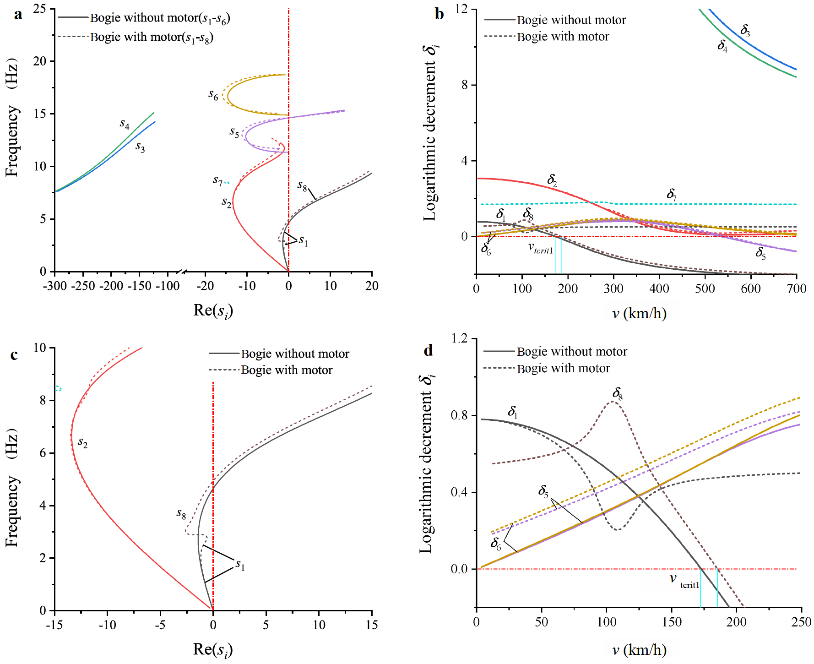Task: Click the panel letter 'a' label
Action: click(18, 15)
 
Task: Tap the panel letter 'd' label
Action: click(428, 350)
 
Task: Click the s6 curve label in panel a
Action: click(213, 95)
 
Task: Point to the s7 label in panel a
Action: click(217, 181)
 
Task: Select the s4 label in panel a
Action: click(125, 124)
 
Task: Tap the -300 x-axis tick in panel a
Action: click(55, 286)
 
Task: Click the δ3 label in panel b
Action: click(745, 31)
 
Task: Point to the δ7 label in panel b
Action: click(672, 194)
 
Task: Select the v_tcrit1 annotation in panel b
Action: click(541, 248)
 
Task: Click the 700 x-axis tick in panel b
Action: click(796, 288)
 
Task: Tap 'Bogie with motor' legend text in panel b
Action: click(563, 37)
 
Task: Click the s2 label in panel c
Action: click(82, 442)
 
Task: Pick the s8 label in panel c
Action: click(181, 514)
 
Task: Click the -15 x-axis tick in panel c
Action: click(54, 625)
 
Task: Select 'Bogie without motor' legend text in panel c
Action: click(295, 354)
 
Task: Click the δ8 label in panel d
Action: click(618, 393)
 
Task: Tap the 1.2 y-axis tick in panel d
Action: click(459, 338)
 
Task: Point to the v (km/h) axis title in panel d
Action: click(639, 650)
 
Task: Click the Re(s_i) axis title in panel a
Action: click(213, 311)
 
